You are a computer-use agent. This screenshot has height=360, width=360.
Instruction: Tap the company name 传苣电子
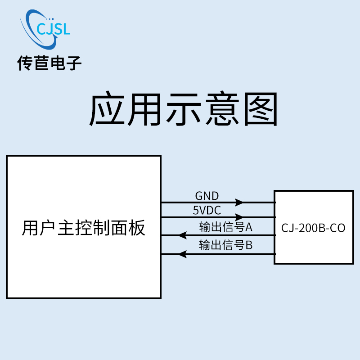click(x=49, y=63)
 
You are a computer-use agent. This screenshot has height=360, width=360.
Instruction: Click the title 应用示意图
click(x=184, y=109)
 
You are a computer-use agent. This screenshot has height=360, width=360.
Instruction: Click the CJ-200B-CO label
click(x=313, y=228)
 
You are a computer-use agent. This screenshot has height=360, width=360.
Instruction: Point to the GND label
click(x=207, y=196)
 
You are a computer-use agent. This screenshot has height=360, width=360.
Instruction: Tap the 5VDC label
click(x=207, y=210)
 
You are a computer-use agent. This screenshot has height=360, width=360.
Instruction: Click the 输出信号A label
click(x=226, y=227)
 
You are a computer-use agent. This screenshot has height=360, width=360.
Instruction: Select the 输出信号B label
click(x=226, y=245)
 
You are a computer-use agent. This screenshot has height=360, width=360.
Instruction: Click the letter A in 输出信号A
click(x=249, y=227)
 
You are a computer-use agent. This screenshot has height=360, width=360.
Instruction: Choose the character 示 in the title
click(x=184, y=109)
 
